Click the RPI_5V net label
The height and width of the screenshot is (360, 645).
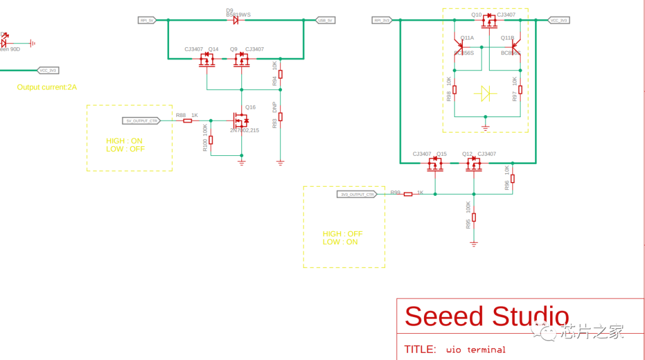pos(146,20)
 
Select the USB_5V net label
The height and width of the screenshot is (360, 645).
pos(325,20)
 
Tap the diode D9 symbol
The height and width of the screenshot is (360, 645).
pos(235,20)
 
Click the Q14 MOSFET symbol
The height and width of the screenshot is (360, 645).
pos(207,60)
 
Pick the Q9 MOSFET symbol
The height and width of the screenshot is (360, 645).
pos(241,60)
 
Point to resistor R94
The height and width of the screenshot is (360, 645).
pos(280,75)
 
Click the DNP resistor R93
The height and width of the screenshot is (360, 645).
pos(280,116)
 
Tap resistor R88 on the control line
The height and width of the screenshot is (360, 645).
pos(188,121)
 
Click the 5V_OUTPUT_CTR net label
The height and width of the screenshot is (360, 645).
pos(142,121)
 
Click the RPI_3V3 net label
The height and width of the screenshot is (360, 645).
pos(382,20)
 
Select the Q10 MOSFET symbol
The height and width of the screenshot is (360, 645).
pos(489,22)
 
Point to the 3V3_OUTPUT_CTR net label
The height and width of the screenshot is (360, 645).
pos(357,194)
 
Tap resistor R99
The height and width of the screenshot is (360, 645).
pos(408,194)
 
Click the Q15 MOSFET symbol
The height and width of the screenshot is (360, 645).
pos(435,164)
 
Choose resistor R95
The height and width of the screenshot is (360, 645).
pos(474,217)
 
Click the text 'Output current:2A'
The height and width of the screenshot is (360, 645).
pos(47,87)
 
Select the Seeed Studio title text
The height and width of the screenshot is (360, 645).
pos(486,316)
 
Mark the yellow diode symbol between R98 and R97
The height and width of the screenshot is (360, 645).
pos(485,93)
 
